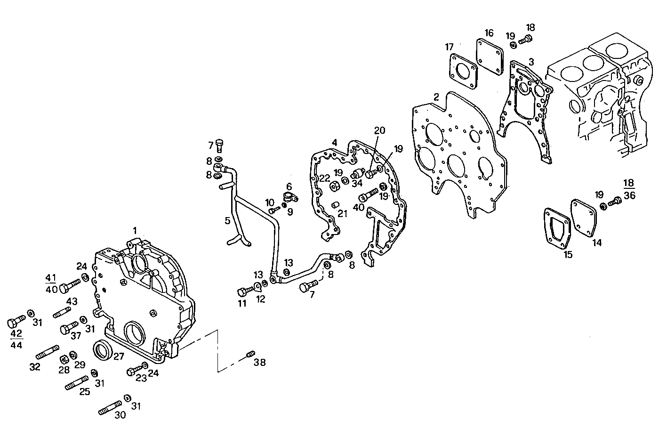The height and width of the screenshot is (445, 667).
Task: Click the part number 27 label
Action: tap(119, 356)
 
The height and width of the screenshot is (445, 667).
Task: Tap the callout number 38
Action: tap(259, 362)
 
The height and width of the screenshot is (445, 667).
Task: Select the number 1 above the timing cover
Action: tap(135, 231)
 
